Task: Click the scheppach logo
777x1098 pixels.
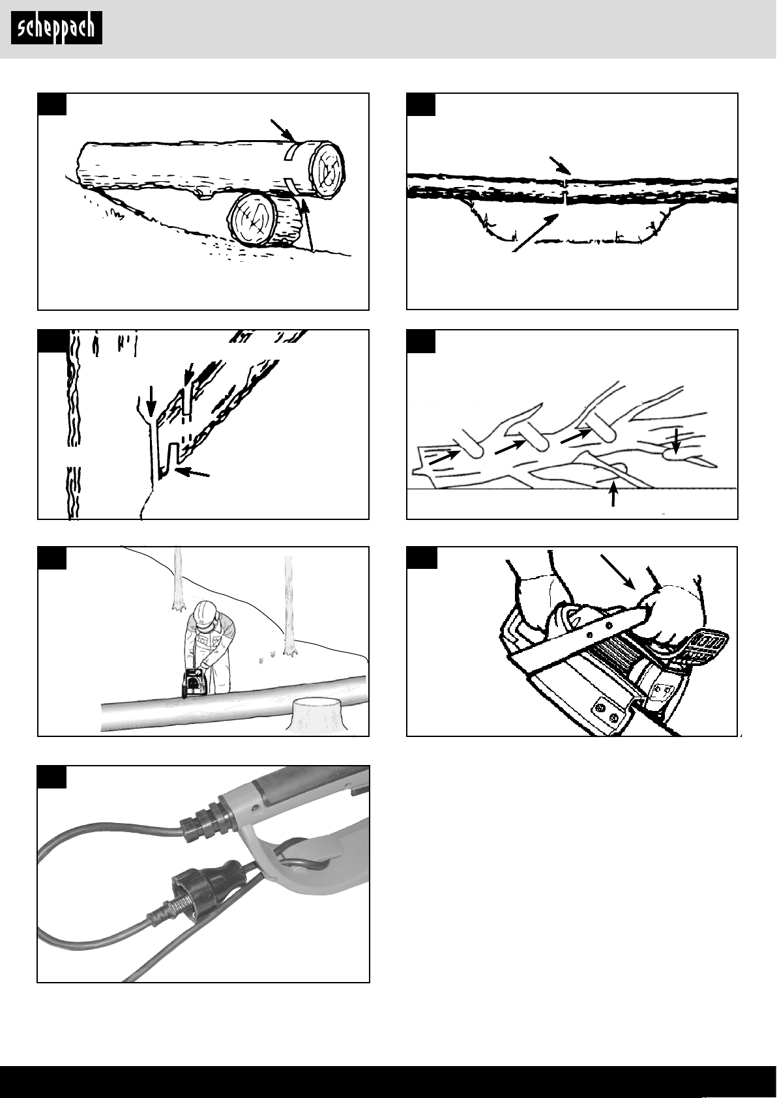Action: click(56, 29)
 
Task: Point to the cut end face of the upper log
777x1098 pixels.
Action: click(326, 166)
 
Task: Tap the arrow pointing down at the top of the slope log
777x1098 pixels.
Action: click(283, 130)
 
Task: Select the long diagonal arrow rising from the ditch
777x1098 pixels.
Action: click(536, 233)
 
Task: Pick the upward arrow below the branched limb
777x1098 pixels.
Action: click(613, 494)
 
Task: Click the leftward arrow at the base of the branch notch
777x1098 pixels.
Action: click(193, 472)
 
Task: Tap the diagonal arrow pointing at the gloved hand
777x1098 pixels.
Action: click(618, 572)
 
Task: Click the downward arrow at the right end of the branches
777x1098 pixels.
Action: click(676, 441)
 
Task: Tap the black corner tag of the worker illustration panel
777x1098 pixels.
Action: click(52, 558)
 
